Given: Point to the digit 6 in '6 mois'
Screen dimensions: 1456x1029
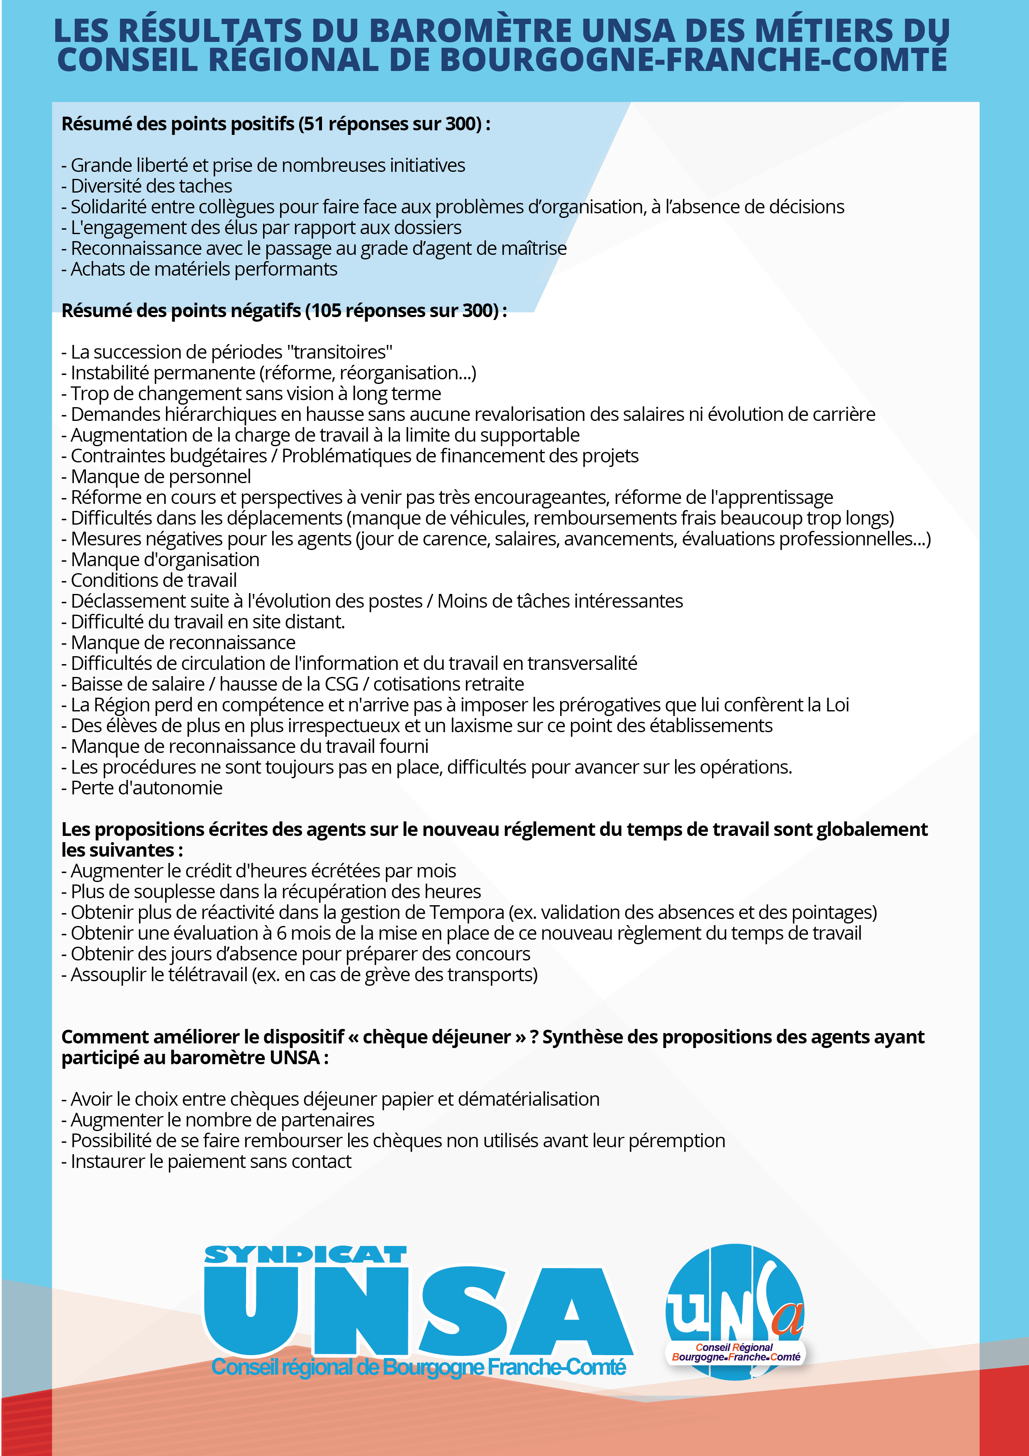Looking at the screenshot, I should pyautogui.click(x=281, y=933).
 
